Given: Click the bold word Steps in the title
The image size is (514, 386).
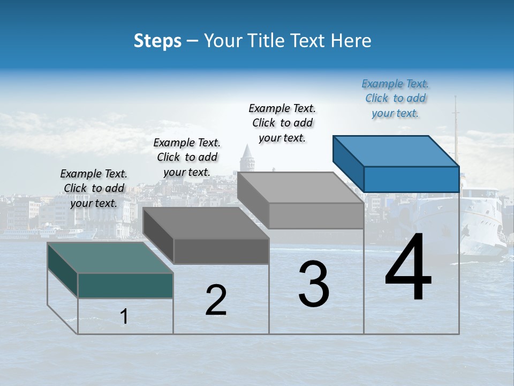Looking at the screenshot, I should click(157, 41).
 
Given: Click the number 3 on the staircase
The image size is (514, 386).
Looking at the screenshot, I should click(314, 284).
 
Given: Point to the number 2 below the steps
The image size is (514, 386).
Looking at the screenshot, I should click(216, 300).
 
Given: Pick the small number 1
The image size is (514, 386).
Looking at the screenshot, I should click(124, 317).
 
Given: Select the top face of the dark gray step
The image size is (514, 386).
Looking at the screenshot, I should click(206, 222).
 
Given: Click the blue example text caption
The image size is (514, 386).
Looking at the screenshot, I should click(395, 98).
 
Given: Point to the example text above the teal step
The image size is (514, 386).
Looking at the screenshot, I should click(94, 188).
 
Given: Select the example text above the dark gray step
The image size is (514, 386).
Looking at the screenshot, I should click(187, 157).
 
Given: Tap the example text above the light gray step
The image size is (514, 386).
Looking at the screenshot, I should click(282, 123).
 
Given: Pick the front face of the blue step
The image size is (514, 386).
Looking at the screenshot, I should click(411, 179).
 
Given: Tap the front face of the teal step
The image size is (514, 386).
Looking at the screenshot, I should click(125, 285).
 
